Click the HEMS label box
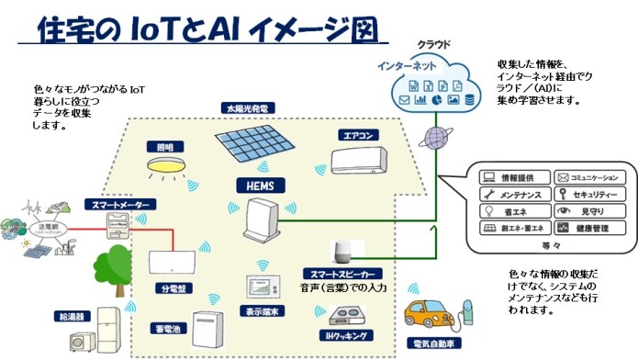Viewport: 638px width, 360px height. (260, 185)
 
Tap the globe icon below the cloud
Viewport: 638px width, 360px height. (434, 138)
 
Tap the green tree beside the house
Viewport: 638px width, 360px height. (109, 266)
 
